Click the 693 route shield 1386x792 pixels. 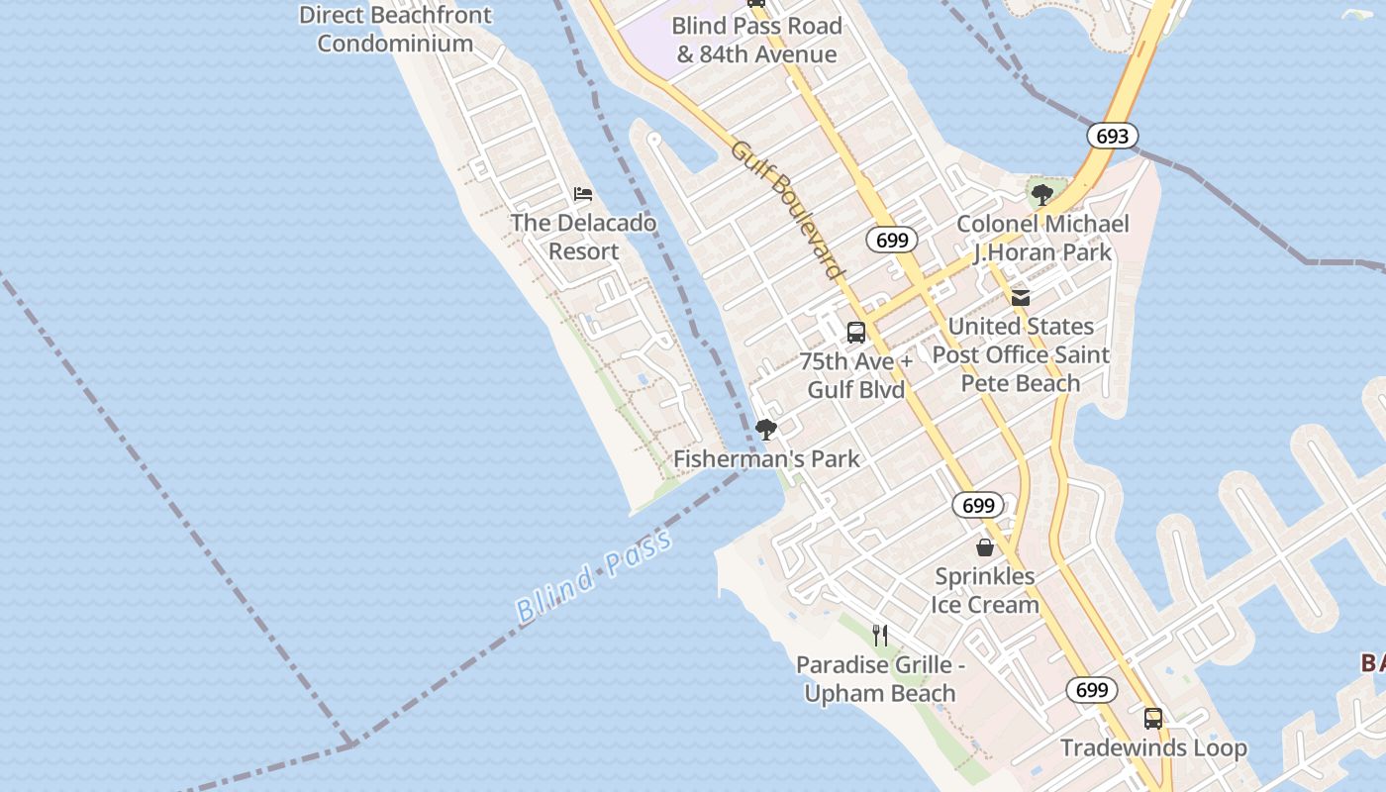pos(1112,136)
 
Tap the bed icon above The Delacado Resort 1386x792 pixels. pos(583,194)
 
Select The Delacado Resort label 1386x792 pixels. pos(583,237)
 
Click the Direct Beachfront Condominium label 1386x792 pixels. pos(395,30)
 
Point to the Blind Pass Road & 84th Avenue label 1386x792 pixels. pos(756,40)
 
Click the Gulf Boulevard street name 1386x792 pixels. pos(788,210)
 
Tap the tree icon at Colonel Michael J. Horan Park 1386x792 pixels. pos(1040,195)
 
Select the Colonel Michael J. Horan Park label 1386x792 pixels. pos(1042,238)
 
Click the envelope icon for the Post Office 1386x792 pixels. pos(1021,297)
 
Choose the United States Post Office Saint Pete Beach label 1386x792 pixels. pos(1021,354)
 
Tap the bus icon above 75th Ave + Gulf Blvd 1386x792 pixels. pos(856,333)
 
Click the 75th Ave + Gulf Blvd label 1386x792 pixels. pos(856,375)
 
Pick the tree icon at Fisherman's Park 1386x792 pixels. pos(765,430)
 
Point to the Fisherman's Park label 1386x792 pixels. pos(767,459)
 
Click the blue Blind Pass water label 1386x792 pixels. pos(594,575)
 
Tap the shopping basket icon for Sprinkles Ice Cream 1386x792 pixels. pos(985,547)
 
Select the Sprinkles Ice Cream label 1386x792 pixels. pos(985,590)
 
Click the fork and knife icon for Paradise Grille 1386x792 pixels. pos(879,635)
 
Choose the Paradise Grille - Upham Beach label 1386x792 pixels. pos(880,679)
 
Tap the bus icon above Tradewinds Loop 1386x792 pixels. pos(1153,719)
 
